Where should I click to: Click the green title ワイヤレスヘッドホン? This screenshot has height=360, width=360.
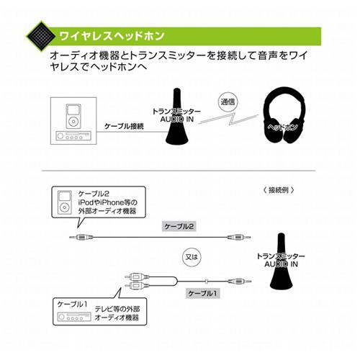point(112,36)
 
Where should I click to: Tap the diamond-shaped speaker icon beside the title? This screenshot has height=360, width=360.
point(41,37)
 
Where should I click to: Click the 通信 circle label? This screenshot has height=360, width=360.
point(228,102)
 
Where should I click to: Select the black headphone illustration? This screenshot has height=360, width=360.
point(284,115)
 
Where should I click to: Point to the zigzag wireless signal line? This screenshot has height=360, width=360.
point(228,119)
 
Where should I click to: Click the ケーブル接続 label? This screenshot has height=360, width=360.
point(124,126)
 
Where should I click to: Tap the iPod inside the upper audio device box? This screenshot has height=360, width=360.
point(73,116)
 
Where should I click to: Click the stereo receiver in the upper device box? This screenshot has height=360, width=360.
point(73,136)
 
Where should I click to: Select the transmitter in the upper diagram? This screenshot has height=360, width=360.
point(177,117)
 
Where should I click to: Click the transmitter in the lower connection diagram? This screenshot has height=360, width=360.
point(282,261)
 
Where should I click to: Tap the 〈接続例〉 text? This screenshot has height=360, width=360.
point(279,190)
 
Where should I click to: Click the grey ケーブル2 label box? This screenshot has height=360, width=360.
point(179,226)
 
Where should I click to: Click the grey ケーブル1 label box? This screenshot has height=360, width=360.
point(203,293)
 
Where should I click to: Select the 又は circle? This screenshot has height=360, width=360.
point(192,257)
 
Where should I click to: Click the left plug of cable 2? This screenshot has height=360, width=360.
point(81,238)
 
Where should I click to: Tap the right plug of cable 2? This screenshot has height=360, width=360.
point(239,238)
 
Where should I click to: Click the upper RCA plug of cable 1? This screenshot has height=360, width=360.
point(137,277)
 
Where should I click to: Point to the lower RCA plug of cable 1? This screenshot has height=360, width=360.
point(137,285)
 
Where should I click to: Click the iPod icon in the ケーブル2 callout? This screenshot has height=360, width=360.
point(65,202)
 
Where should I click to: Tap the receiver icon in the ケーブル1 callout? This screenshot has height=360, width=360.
point(74,317)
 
